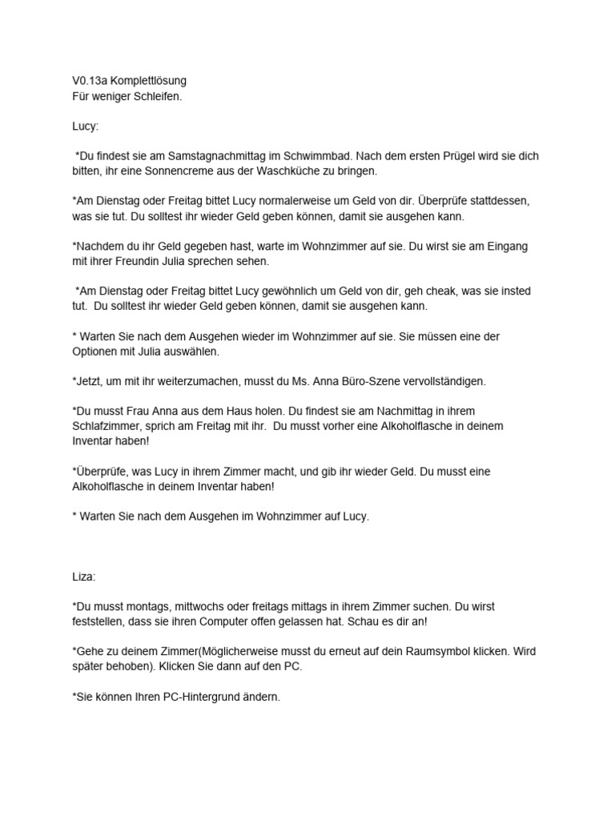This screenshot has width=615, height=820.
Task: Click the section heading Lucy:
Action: click(x=85, y=127)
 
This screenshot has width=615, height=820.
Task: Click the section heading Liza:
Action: click(x=83, y=577)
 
